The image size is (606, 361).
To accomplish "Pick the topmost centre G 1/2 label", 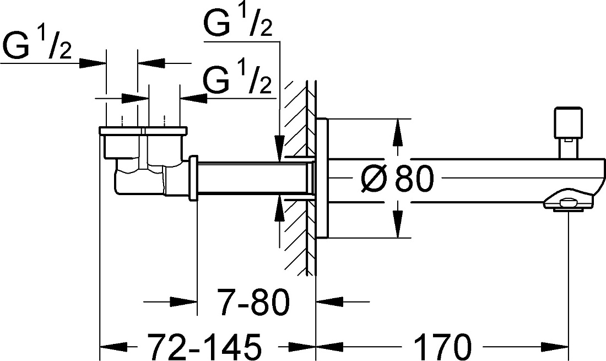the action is point(237,22).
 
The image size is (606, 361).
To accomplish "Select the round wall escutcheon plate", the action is point(322,178).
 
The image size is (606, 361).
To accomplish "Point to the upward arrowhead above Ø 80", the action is point(398,133).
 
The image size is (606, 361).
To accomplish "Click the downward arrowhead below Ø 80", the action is point(398,224).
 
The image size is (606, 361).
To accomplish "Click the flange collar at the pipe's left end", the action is point(193,178).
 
